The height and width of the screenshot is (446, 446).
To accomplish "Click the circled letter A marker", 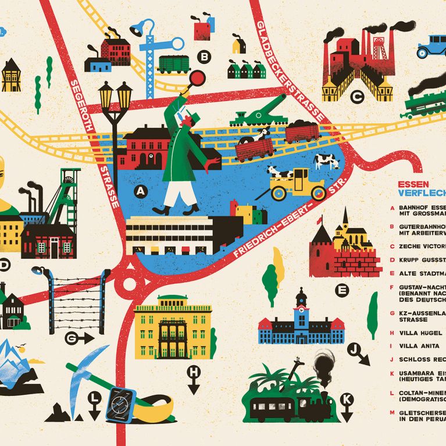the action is [x=140, y=190].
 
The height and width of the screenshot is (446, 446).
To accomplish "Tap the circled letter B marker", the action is [x=204, y=56].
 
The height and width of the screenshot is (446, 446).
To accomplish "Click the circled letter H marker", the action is [x=193, y=372].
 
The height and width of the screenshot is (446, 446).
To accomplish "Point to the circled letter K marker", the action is [x=347, y=399].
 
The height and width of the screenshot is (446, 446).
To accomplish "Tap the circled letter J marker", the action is [x=353, y=349].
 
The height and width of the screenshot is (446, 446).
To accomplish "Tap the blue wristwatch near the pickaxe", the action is [x=120, y=403].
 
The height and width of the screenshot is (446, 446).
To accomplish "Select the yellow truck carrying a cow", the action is [x=298, y=183].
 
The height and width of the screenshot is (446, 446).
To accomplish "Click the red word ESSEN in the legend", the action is [x=409, y=185].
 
